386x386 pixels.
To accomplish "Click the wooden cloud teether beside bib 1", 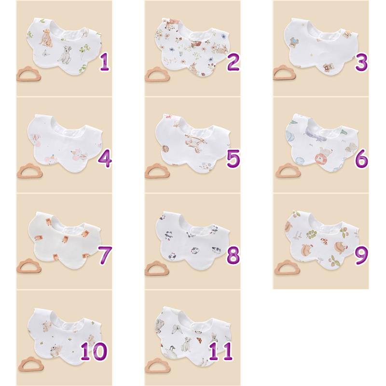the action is pyautogui.click(x=29, y=74).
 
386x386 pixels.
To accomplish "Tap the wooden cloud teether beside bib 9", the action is pyautogui.click(x=286, y=267).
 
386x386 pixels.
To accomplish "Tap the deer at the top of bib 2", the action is pyautogui.click(x=169, y=24).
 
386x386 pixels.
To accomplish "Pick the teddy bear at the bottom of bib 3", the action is pyautogui.click(x=328, y=68).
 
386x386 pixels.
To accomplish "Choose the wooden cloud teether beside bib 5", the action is pyautogui.click(x=157, y=171).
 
